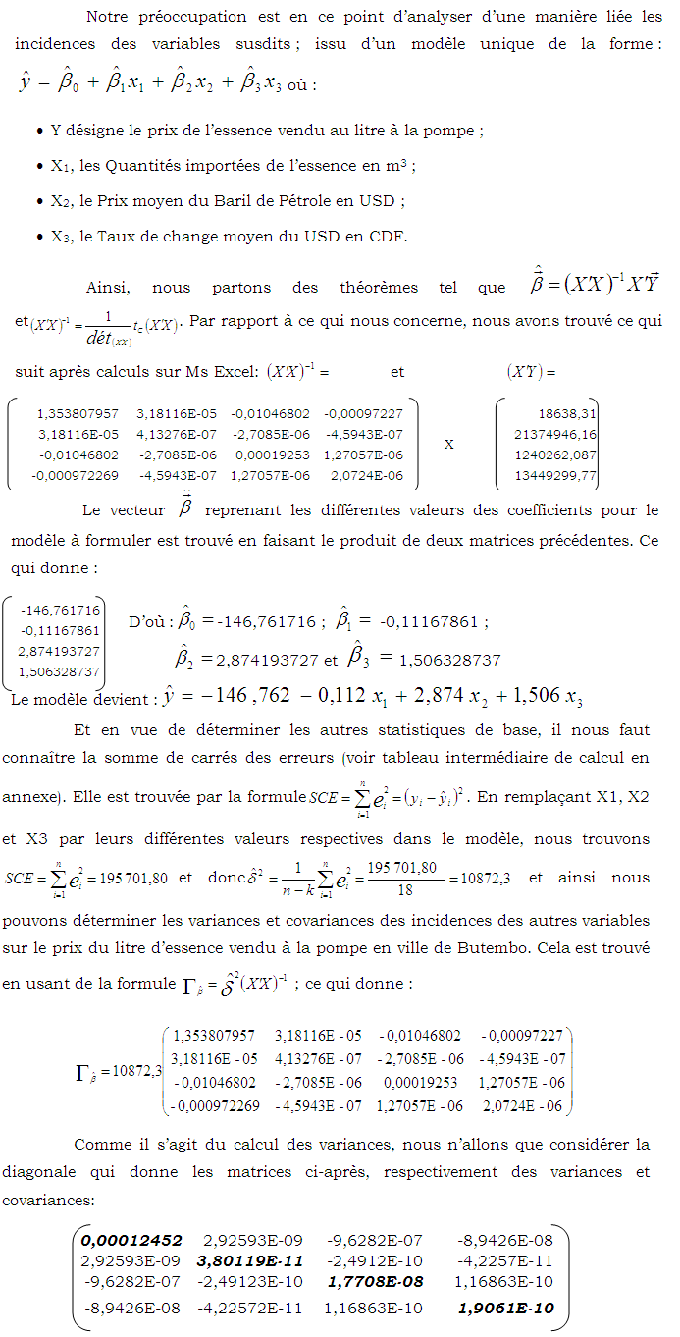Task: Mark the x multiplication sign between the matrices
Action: [x=449, y=445]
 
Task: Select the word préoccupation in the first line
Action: [x=186, y=16]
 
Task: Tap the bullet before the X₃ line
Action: [x=37, y=237]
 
